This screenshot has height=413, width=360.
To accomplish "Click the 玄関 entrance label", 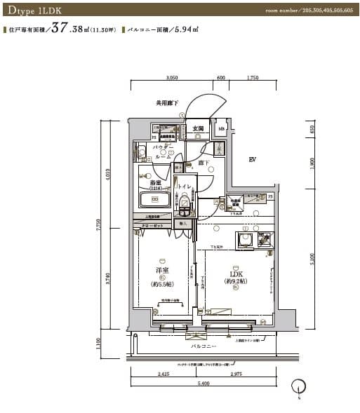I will click(x=198, y=129).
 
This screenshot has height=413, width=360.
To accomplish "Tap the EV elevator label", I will click(x=252, y=161).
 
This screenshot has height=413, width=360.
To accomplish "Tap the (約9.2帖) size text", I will click(x=235, y=283).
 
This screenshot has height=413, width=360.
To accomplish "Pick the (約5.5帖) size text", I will click(x=162, y=284).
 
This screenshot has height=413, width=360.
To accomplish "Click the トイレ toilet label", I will click(x=185, y=186).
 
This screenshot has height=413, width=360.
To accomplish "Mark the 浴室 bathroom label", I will click(x=156, y=182).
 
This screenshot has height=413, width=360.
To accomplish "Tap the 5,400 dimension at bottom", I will click(x=203, y=384).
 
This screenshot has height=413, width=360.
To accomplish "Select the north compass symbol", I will click(x=300, y=386).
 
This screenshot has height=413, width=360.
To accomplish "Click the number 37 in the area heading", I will click(x=60, y=29).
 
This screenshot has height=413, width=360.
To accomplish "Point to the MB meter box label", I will click(x=221, y=130).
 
